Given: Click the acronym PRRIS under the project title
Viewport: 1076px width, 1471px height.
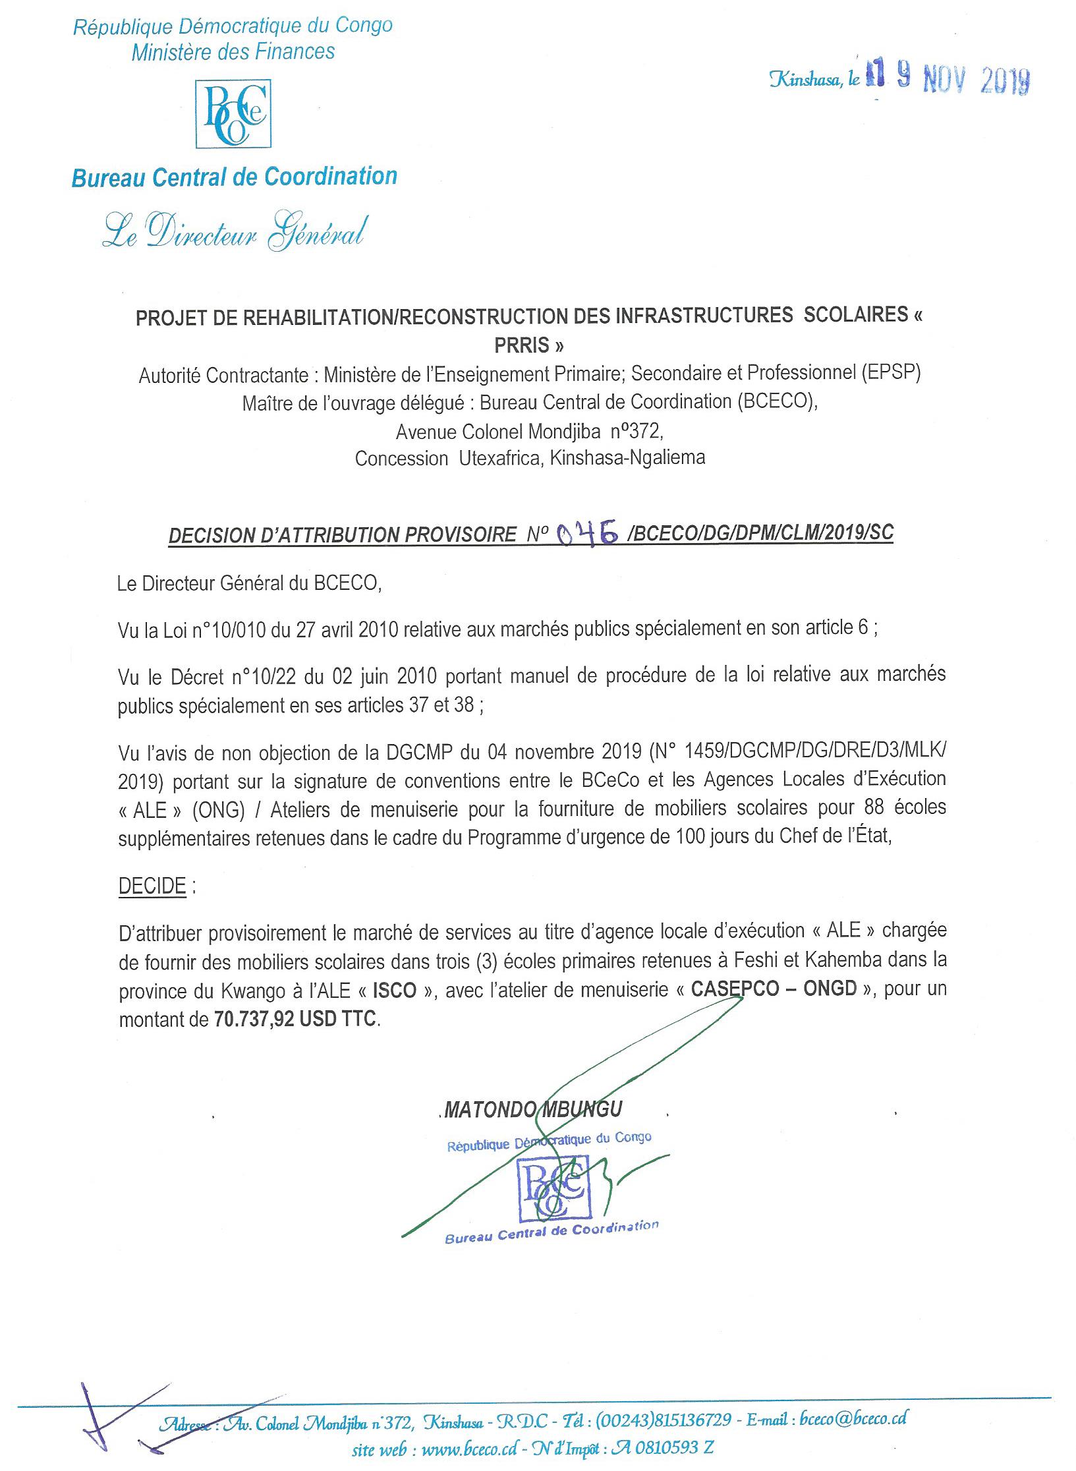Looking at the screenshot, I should [529, 345].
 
